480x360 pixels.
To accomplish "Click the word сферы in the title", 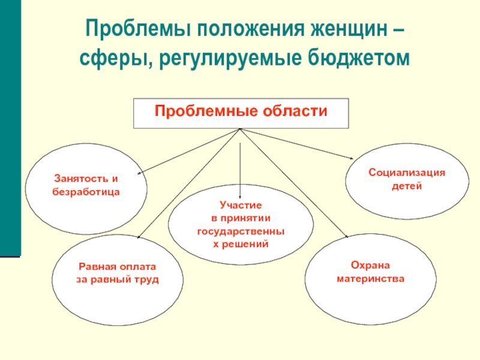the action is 110,59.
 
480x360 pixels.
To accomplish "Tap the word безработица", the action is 87,193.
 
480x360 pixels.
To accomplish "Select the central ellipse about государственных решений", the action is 240,225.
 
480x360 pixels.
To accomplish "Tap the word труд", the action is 147,280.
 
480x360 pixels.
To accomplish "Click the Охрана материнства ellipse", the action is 370,273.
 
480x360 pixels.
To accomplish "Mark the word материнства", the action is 370,280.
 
